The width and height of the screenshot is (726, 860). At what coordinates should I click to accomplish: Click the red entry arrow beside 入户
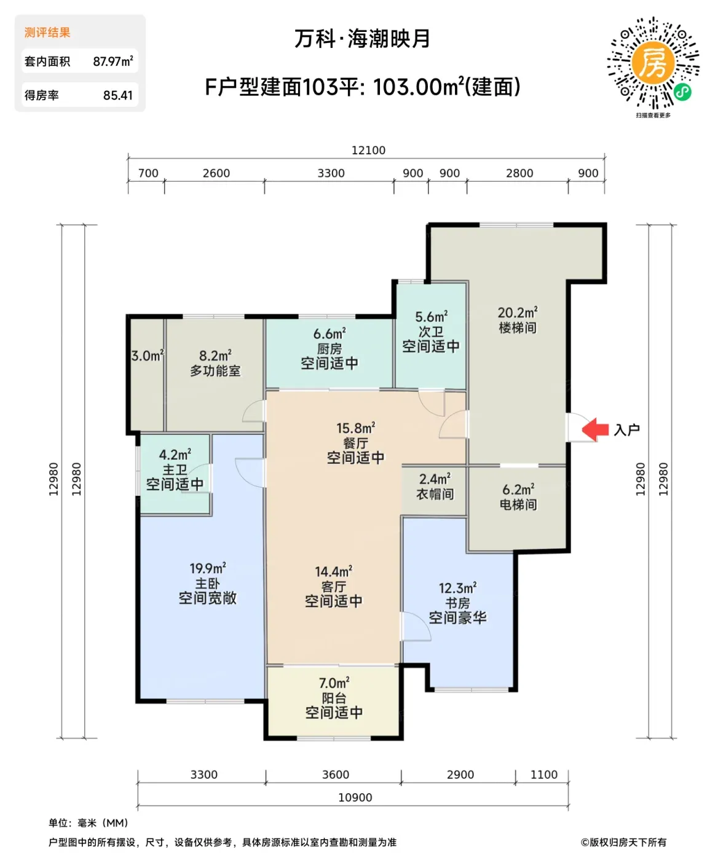595,429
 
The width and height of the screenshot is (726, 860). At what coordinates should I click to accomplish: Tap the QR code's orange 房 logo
653,62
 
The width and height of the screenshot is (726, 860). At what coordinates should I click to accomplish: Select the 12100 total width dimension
368,150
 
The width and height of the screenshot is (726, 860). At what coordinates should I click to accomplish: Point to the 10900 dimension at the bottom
355,798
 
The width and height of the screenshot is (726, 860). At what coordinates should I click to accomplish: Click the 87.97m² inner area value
113,61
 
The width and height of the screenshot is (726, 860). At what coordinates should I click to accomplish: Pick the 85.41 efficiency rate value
118,95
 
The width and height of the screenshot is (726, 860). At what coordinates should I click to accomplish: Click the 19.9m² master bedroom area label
207,568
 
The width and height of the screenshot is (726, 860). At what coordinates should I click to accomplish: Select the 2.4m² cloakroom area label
435,479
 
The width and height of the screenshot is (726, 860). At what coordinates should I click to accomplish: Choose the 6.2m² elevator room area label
518,490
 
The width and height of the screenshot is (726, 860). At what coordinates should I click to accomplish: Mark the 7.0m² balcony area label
334,683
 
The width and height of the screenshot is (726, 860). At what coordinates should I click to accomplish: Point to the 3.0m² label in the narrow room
148,356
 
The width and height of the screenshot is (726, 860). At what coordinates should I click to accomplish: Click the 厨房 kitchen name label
329,349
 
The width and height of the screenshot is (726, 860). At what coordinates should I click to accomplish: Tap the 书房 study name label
457,603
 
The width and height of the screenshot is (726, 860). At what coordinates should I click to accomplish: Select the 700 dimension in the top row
148,173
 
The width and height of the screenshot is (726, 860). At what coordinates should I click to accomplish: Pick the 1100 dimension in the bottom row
544,775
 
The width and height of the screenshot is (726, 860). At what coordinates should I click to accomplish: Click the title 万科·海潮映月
362,39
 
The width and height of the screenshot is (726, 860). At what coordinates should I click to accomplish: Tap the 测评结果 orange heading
47,33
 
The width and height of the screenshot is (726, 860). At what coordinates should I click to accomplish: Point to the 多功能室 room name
215,370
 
